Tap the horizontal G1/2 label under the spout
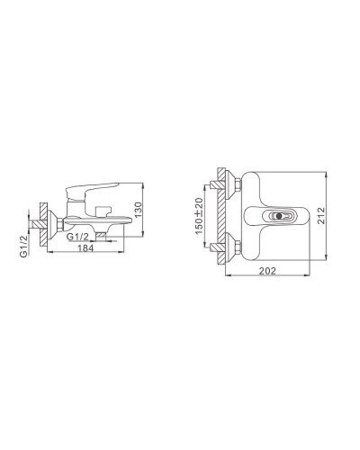80,237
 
